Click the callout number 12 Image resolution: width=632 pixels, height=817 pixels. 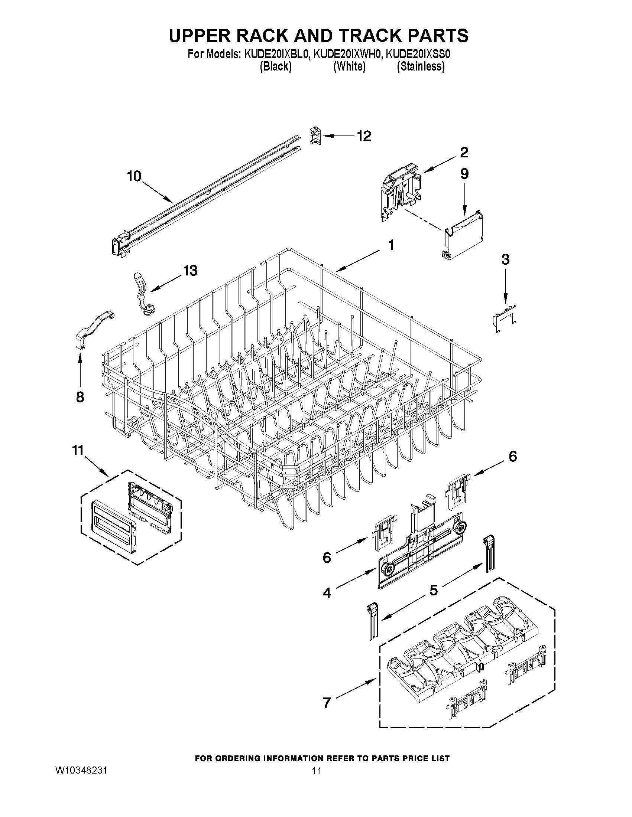click(363, 136)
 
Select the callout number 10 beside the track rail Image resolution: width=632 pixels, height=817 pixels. click(134, 176)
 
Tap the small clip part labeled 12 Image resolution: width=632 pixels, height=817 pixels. click(315, 135)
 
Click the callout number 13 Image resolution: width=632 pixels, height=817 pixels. click(190, 271)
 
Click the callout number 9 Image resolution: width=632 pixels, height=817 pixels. click(464, 174)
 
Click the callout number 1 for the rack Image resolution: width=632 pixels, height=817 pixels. click(391, 246)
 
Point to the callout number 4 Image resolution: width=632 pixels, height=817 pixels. click(327, 593)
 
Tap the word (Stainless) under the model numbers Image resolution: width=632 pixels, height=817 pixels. click(421, 66)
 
